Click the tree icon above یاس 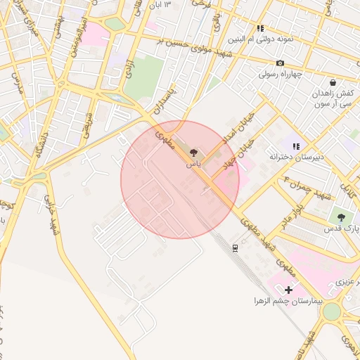[x=193, y=151]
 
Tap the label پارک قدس [x=341, y=229]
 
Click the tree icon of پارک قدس [x=341, y=218]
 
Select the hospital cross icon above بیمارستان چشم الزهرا [x=288, y=290]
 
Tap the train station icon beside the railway [x=234, y=247]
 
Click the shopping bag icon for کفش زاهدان [x=333, y=82]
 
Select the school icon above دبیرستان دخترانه [x=296, y=146]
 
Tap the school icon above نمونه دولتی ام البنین [x=260, y=29]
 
